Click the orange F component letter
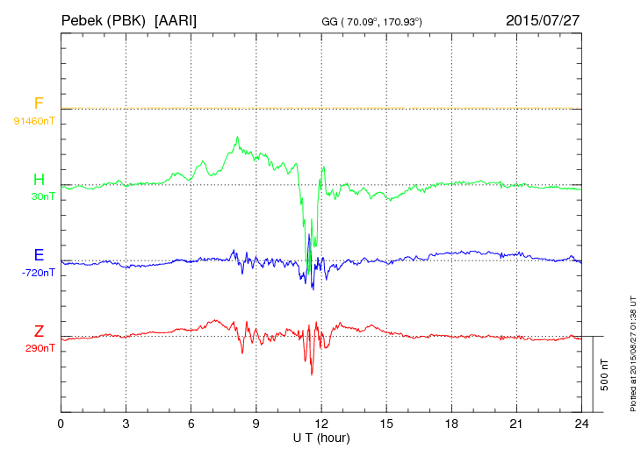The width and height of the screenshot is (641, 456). tap(39, 103)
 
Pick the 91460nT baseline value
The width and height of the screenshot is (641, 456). tap(34, 120)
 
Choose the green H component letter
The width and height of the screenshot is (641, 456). tap(39, 180)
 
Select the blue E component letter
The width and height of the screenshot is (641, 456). tap(39, 255)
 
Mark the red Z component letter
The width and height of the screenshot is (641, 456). tap(39, 331)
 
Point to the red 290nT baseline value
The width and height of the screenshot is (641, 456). tap(40, 348)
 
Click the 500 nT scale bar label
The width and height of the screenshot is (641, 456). tap(604, 374)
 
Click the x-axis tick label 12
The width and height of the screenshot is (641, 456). tap(321, 424)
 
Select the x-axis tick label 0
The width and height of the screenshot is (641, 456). tap(61, 424)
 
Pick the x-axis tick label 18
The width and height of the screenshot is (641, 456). tap(451, 424)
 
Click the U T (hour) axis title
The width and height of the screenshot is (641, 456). tap(321, 437)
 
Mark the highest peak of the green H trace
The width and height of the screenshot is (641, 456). tap(237, 137)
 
